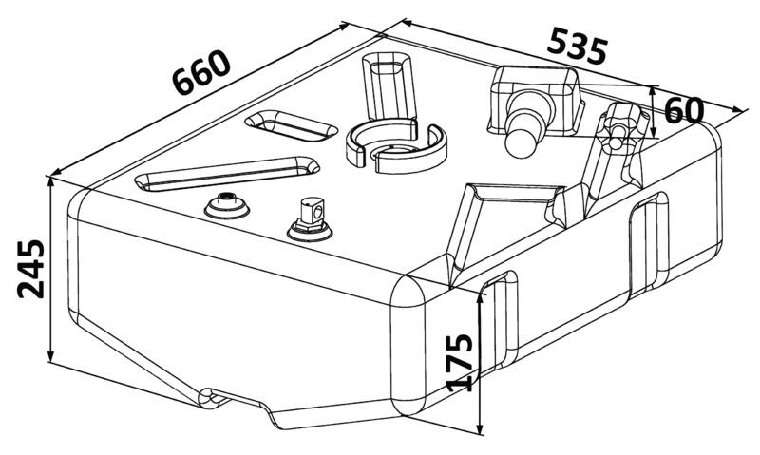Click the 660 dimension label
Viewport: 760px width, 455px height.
201,73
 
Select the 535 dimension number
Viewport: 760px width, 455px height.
578,47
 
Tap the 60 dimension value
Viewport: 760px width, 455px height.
684,110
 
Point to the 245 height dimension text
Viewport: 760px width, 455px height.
30,269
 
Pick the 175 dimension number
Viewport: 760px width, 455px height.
459,363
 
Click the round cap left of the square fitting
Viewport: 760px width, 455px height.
226,206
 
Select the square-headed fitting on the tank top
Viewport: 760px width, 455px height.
311,219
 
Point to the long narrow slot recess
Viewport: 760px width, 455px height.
227,174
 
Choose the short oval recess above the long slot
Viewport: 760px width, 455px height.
291,126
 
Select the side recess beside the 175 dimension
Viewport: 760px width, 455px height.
501,322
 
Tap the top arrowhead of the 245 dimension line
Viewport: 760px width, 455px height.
50,181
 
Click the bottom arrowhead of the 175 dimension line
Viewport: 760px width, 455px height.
480,428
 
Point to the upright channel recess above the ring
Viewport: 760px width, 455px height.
389,86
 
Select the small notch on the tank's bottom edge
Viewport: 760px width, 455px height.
213,398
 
